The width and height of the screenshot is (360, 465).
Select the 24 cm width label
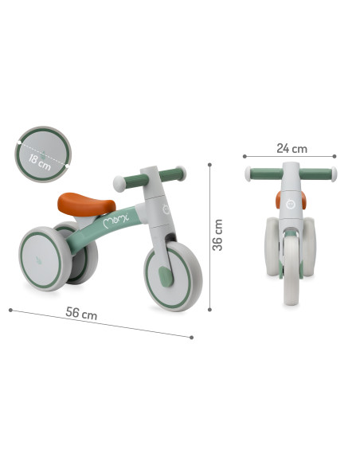coord(291,148)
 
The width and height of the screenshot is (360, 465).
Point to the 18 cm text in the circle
coord(40,162)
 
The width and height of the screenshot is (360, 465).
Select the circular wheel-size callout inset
coord(43,154)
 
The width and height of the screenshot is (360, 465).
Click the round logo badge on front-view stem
coord(291,205)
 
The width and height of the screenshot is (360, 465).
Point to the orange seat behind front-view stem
coord(280,199)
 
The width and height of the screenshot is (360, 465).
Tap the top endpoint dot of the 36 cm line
coord(209,165)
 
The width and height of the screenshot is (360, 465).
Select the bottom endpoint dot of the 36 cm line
coord(209,309)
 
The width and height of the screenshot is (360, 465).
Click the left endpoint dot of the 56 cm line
coord(10,309)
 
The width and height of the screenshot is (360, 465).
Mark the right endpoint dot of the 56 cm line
coord(191,337)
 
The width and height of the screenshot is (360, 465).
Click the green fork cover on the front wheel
coord(165,276)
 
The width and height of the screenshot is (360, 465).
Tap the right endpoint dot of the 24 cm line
coord(335,156)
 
